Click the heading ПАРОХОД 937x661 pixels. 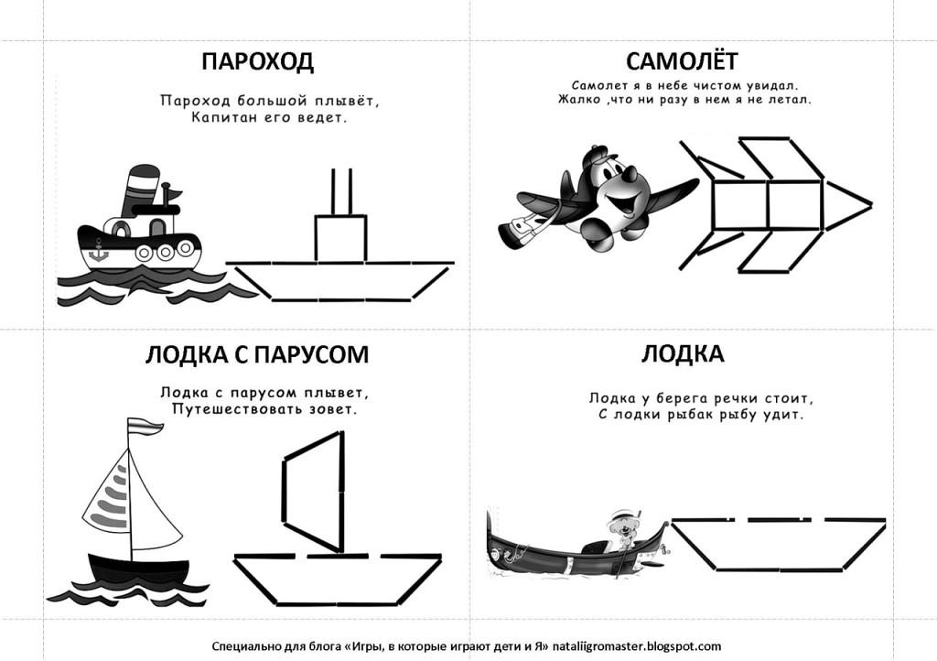(x=257, y=62)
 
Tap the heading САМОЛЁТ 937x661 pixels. (x=682, y=61)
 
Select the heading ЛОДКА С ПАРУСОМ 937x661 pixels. (x=257, y=354)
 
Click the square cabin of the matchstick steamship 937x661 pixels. (x=340, y=238)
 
